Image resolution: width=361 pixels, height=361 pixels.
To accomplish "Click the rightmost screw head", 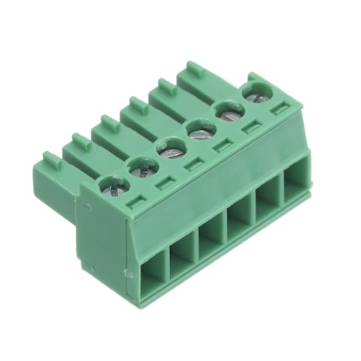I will [254, 94].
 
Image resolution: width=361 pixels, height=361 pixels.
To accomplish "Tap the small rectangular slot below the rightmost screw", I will [279, 111].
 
